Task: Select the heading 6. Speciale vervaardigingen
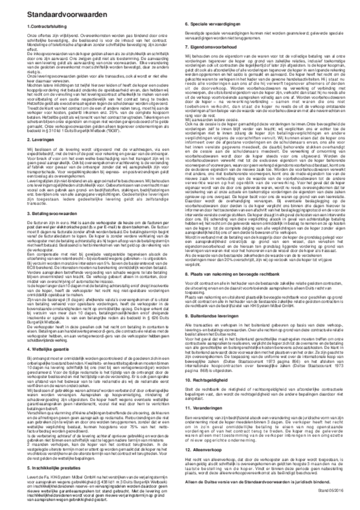tap(211, 25)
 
